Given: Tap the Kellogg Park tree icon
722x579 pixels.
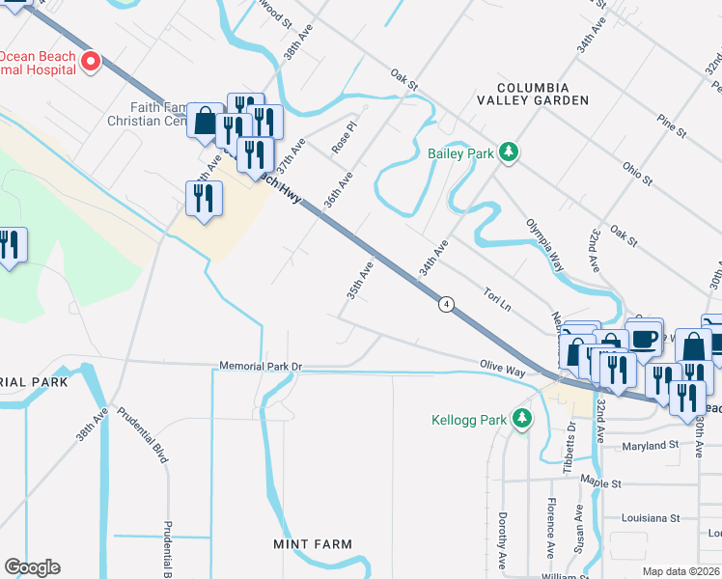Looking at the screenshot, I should coord(522,418).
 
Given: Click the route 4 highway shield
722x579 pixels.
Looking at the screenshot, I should coord(446,304).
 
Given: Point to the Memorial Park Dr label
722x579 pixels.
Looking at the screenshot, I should coord(261,367).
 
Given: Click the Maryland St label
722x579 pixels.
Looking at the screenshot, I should coord(638,446).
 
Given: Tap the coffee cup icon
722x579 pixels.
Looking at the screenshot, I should coord(645,339).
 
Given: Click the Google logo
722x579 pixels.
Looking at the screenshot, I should coord(32,567).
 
